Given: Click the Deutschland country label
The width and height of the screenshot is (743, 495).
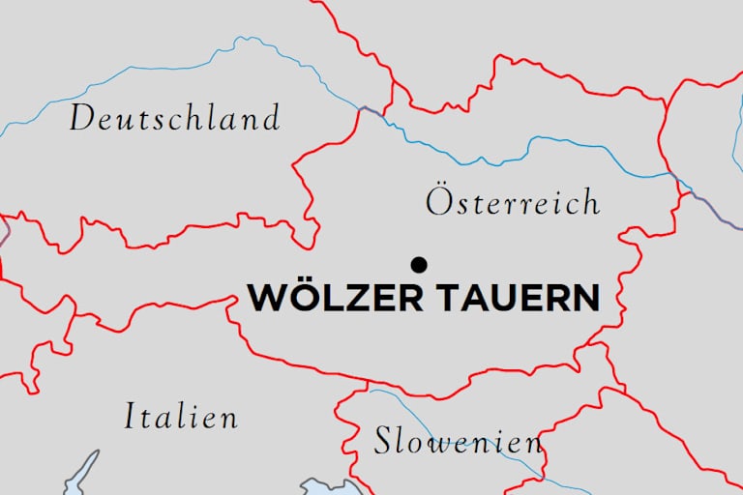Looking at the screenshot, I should [x=174, y=119].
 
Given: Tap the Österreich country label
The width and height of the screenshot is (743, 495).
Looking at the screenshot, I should [x=513, y=202].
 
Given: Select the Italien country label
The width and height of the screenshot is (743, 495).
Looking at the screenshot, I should [x=181, y=417].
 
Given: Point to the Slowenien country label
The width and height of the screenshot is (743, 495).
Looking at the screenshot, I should [x=458, y=441].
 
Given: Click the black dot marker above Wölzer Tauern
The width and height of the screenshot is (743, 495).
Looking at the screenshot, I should [x=419, y=264].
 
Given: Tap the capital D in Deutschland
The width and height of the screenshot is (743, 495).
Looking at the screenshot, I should [x=83, y=119].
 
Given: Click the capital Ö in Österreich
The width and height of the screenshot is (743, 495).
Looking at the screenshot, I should [x=438, y=201].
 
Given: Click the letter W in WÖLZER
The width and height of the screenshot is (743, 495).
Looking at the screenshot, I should [x=267, y=298].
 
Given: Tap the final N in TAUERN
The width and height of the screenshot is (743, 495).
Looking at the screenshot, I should [x=584, y=298].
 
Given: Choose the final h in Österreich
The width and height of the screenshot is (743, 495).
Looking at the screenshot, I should [x=590, y=202].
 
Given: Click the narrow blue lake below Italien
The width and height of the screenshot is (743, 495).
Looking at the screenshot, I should [x=83, y=474].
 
